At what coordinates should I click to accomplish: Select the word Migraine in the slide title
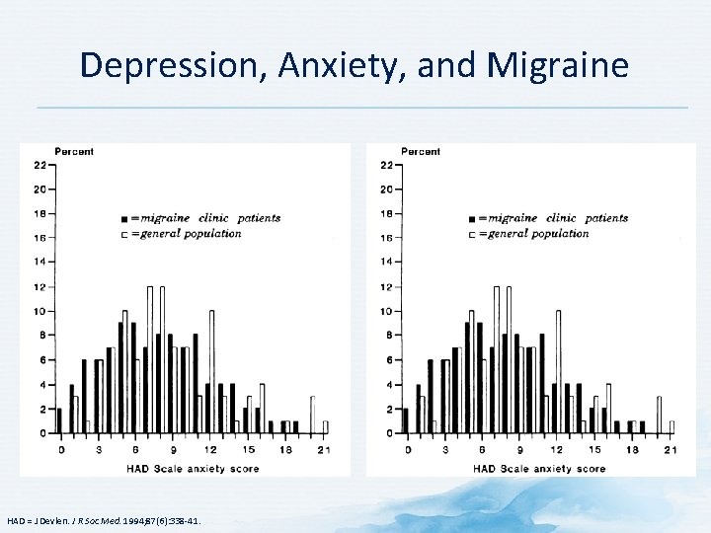[557, 65]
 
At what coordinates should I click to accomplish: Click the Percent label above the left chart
[74, 151]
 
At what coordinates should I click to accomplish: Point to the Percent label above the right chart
[421, 151]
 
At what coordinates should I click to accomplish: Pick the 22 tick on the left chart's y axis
[39, 165]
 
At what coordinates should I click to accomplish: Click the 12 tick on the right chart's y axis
[386, 287]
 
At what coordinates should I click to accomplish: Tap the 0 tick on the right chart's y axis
[389, 433]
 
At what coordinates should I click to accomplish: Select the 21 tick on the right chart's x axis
[671, 450]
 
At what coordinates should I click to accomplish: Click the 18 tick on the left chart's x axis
[285, 450]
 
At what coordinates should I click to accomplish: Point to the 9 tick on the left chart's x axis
[173, 450]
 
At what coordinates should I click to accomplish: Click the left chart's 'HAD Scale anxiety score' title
[193, 467]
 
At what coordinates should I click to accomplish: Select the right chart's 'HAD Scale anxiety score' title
[539, 467]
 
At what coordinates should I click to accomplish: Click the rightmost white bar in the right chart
[671, 427]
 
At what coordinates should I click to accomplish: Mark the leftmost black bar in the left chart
[59, 421]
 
